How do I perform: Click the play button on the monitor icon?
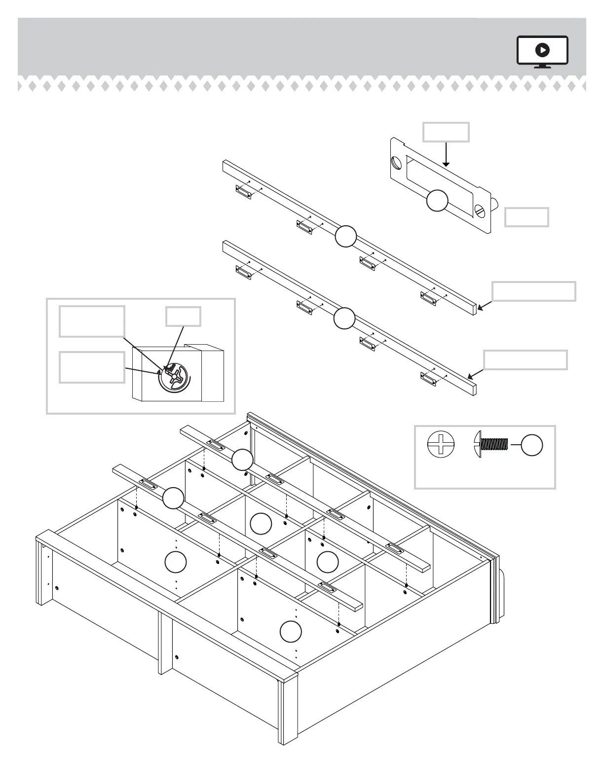pyautogui.click(x=542, y=50)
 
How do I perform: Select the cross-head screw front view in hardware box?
pyautogui.click(x=441, y=445)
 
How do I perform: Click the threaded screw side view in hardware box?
pyautogui.click(x=491, y=445)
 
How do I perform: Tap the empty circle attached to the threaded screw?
pyautogui.click(x=532, y=445)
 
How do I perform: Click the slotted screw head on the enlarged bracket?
pyautogui.click(x=480, y=211)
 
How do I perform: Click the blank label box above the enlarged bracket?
pyautogui.click(x=446, y=132)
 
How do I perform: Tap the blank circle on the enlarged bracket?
pyautogui.click(x=437, y=201)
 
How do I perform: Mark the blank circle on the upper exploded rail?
pyautogui.click(x=345, y=236)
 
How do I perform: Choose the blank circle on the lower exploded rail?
pyautogui.click(x=344, y=318)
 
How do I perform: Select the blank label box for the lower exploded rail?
pyautogui.click(x=525, y=360)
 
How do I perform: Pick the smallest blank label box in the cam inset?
pyautogui.click(x=183, y=317)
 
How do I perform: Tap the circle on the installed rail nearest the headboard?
pyautogui.click(x=242, y=460)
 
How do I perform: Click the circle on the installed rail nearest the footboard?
pyautogui.click(x=173, y=497)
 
